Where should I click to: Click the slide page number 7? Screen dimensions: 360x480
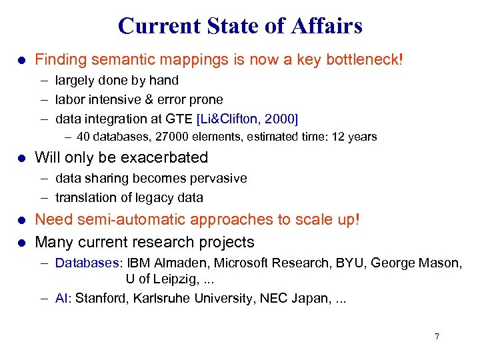[x=437, y=336]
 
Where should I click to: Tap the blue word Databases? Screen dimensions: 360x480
[x=89, y=263]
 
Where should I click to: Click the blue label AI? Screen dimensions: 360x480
[x=63, y=298]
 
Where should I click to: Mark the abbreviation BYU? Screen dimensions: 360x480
[x=347, y=263]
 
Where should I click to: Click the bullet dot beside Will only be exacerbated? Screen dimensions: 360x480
[x=21, y=158]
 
